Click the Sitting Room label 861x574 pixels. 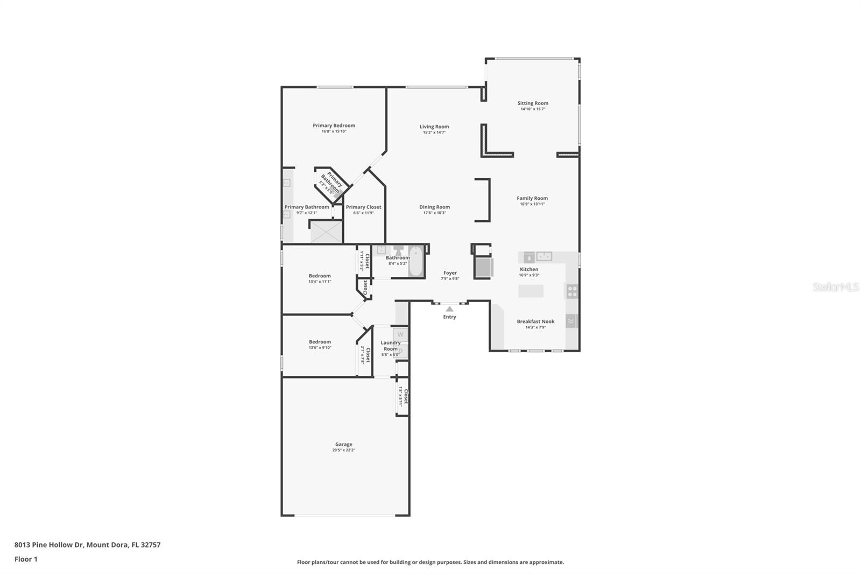tap(533, 103)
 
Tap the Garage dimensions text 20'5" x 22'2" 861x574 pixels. tap(343, 450)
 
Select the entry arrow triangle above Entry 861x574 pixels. tap(449, 309)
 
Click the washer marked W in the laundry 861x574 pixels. tap(400, 334)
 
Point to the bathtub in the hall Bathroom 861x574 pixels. tap(415, 262)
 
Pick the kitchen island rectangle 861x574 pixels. tap(531, 291)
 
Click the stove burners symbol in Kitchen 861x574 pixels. tap(572, 291)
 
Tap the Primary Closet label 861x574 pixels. tap(363, 207)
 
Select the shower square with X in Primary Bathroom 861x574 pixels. tap(326, 232)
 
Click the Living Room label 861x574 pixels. tap(434, 127)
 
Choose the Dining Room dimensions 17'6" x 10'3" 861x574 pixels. tap(434, 213)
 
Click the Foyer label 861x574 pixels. tap(450, 273)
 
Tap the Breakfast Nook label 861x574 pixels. tap(535, 321)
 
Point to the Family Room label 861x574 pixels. tap(532, 198)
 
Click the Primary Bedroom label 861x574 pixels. tap(334, 125)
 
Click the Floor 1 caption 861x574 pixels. tap(26, 559)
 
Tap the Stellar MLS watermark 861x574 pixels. tap(835, 287)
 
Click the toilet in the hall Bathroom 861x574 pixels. tap(398, 251)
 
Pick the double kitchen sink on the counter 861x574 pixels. tap(544, 256)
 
